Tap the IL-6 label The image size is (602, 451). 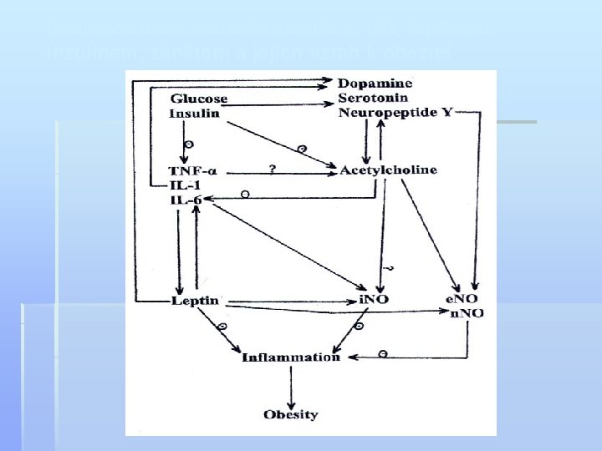click(x=186, y=200)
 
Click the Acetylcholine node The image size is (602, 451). click(x=388, y=170)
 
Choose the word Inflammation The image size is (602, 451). click(x=291, y=358)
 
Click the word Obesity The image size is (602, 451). click(x=290, y=413)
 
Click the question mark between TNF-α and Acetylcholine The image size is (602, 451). click(x=273, y=168)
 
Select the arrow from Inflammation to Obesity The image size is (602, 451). click(x=290, y=385)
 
